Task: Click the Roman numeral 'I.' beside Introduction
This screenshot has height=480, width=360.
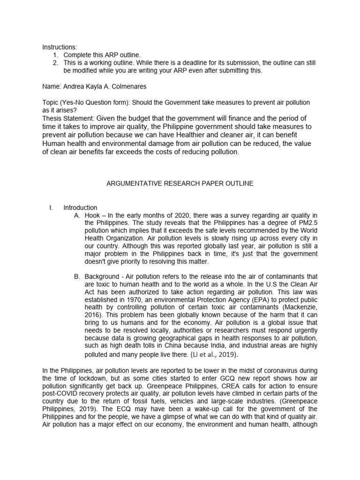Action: [51, 208]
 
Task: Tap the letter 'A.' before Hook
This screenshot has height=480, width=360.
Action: [77, 215]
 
